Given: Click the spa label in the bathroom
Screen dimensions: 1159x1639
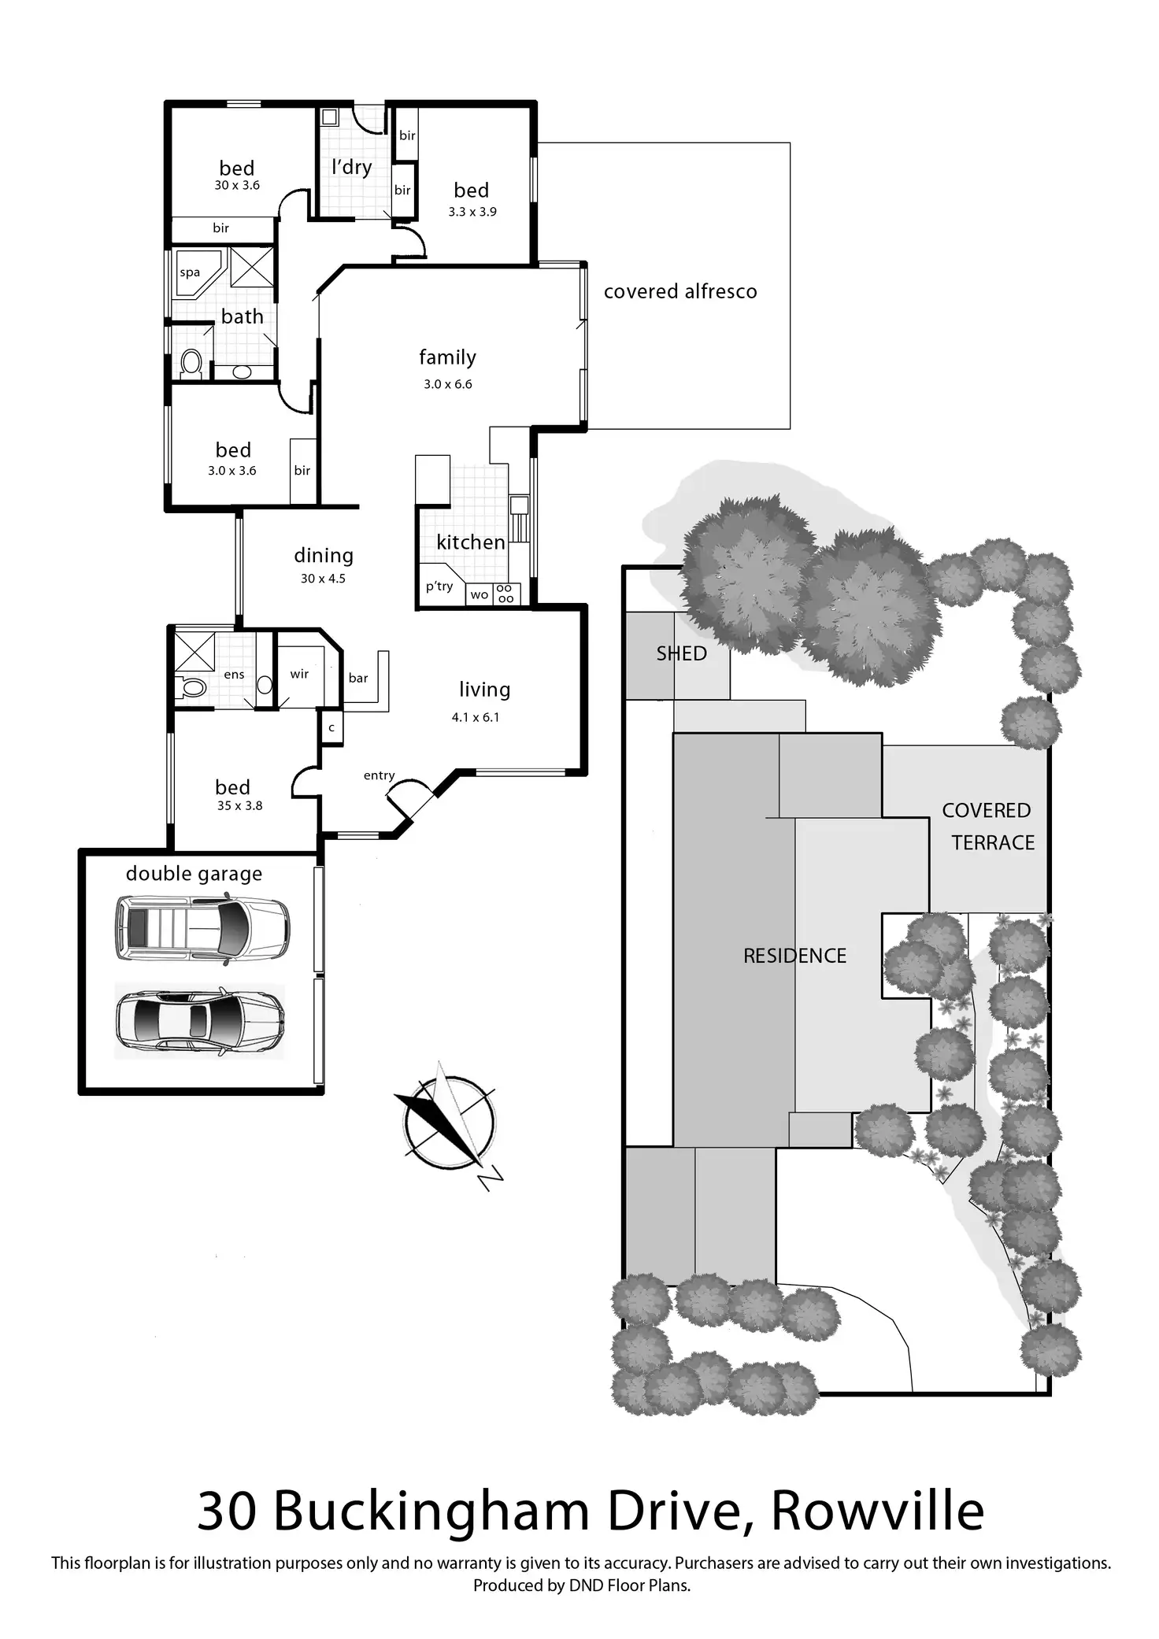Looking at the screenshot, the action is coord(190,273).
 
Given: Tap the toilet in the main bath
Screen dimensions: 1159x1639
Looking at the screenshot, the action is coord(191,364).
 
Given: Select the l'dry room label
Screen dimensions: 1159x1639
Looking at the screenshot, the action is coord(351,167).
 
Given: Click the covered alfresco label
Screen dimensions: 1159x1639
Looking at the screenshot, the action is coord(680,292).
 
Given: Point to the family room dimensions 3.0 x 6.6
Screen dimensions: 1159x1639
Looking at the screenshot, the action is coord(447,384).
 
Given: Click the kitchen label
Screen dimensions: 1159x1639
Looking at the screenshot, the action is coord(471,542).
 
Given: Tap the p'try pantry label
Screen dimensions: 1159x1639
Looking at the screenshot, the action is coord(439,586).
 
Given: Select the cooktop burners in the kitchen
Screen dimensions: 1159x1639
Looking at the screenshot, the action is coord(505,594).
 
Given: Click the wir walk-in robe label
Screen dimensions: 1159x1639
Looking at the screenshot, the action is coord(299,675).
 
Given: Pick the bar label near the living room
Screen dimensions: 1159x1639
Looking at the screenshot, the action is coord(358,679).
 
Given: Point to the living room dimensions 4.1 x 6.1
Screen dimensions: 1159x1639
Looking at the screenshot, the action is coord(476,717).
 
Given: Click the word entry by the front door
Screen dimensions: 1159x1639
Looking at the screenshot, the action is coord(379,776).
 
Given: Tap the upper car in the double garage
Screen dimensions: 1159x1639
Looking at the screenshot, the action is coord(202,929).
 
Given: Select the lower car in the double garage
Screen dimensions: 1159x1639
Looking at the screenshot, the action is coord(200,1021).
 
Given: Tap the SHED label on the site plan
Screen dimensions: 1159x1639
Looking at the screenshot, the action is coord(681,653).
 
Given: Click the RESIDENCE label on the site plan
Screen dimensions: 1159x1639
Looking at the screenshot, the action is coord(794,956).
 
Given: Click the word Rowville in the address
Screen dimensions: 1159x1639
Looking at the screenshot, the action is coord(877,1511).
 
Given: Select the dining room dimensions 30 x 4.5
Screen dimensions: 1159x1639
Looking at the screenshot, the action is coord(323,579).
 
